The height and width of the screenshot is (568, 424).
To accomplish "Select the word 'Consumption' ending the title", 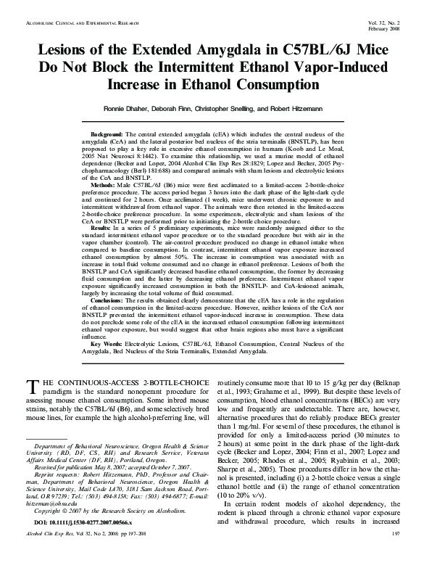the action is pos(278,85).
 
